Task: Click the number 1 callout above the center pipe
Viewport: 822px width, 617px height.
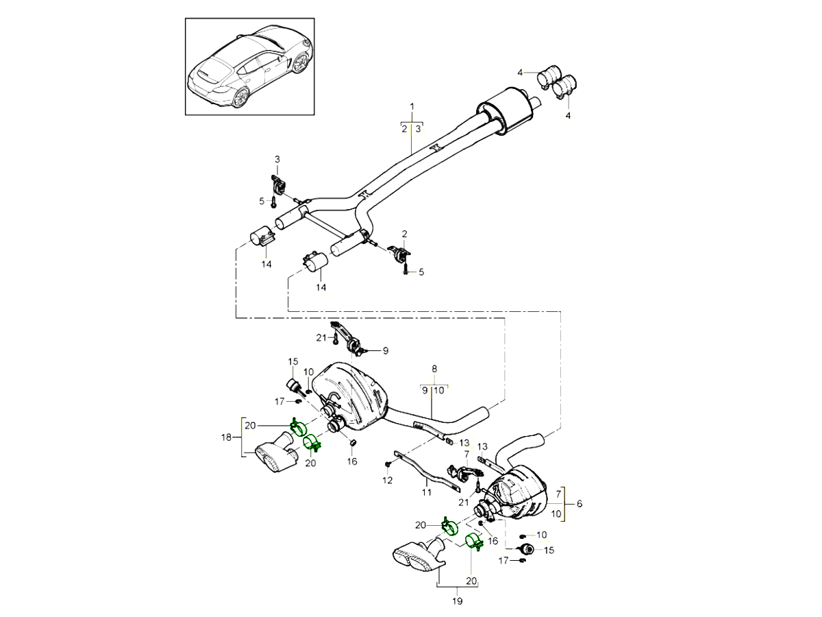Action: click(412, 106)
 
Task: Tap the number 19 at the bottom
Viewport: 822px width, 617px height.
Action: click(458, 601)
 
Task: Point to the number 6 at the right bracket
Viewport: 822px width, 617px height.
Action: click(580, 504)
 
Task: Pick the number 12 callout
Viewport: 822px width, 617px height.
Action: click(387, 481)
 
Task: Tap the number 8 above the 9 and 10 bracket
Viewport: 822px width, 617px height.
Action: click(434, 368)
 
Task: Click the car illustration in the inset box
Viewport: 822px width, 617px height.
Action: click(250, 66)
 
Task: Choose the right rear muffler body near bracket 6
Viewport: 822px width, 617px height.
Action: click(521, 492)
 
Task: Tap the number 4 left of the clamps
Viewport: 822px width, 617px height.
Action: click(521, 72)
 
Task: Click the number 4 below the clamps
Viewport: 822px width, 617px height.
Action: click(568, 117)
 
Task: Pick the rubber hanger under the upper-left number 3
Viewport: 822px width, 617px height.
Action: click(277, 185)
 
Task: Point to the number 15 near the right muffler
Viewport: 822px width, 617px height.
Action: click(549, 549)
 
